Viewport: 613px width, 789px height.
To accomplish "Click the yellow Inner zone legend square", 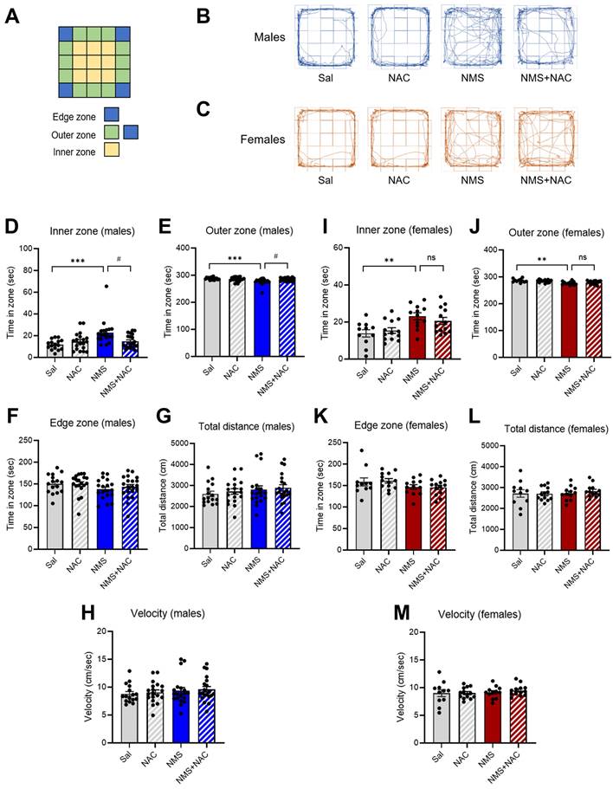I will point(111,150).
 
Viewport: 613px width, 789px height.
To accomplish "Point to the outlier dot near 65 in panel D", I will point(106,286).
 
